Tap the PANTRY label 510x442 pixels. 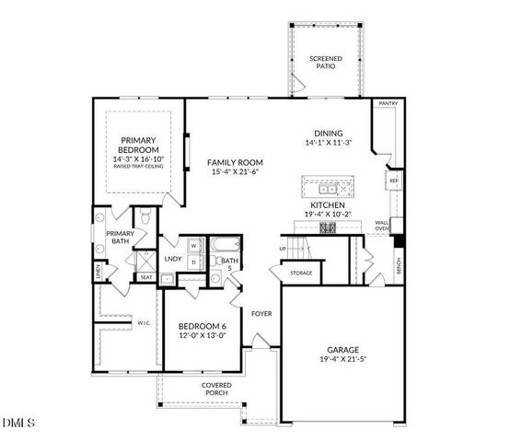[x=388, y=104]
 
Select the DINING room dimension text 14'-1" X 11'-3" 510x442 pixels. [x=327, y=143]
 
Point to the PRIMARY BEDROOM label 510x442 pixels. [x=139, y=145]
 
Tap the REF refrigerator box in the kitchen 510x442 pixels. [x=393, y=181]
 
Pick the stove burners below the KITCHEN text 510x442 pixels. [x=327, y=227]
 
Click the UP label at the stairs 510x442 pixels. [x=283, y=249]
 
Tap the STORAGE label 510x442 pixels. [x=300, y=273]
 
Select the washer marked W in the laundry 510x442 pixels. [x=194, y=246]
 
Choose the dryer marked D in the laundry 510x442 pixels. [x=194, y=262]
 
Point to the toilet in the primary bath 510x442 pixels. [x=145, y=217]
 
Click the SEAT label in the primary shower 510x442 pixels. [x=145, y=277]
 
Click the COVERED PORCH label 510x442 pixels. [x=216, y=390]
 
